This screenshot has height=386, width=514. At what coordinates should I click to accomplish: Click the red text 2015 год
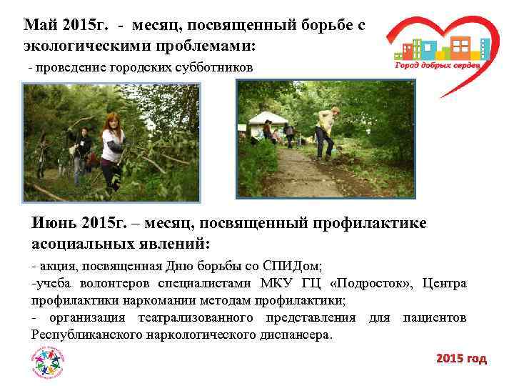point(461,359)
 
